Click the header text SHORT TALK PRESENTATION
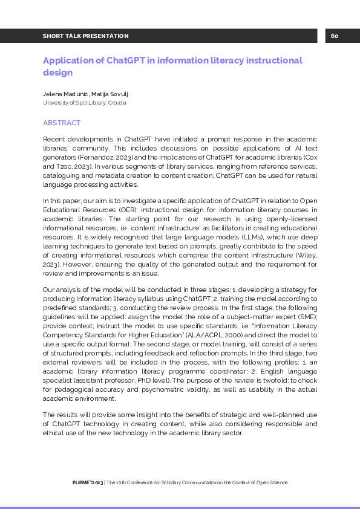tap(85, 36)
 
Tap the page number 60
tap(335, 36)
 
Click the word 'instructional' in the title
tap(273, 60)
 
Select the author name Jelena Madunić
tap(65, 94)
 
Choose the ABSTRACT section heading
tap(61, 123)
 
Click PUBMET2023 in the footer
tap(87, 482)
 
